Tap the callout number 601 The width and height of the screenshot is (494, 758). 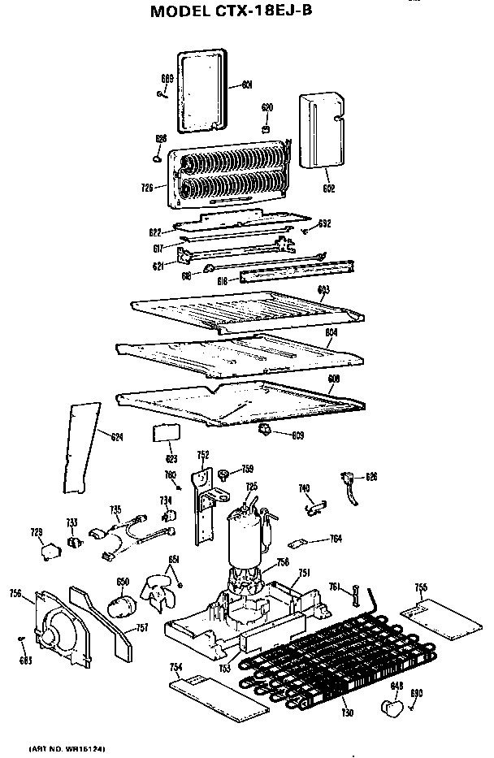pos(247,84)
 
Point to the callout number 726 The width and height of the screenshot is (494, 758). pos(147,188)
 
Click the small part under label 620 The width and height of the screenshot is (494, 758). pos(266,128)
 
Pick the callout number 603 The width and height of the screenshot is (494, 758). pos(323,289)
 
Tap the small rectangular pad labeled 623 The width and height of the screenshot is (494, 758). pos(165,431)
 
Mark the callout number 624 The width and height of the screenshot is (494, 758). pos(117,438)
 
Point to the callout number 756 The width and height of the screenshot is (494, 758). pos(15,594)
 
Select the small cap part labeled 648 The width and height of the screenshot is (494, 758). pos(394,709)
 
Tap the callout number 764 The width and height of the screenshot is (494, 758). pos(335,539)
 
